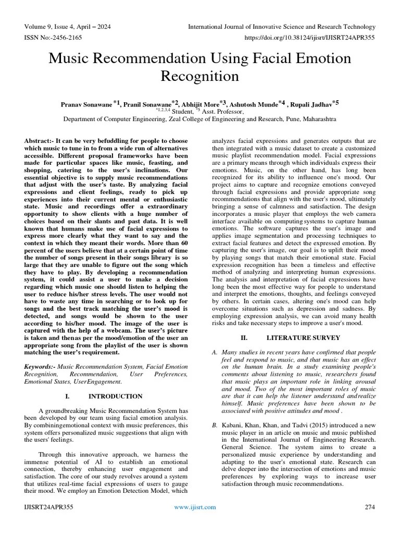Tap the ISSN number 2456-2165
coord(68,38)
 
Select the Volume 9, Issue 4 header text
coord(67,27)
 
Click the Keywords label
coord(40,368)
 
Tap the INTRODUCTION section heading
coord(116,396)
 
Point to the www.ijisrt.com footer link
coord(195,506)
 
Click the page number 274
coord(369,506)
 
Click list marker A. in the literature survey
coord(214,353)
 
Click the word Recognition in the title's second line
coord(200,77)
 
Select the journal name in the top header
coord(281,27)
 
